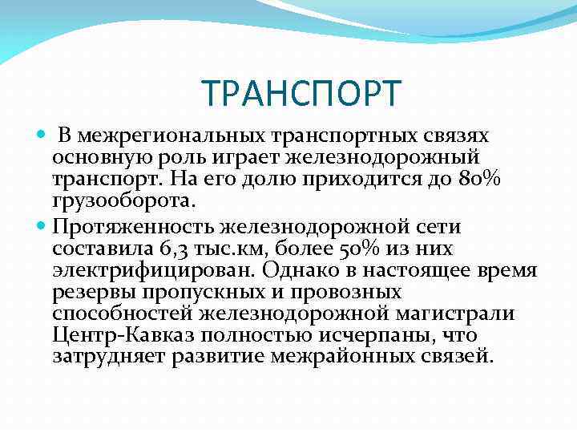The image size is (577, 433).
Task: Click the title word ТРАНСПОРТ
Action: click(299, 93)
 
